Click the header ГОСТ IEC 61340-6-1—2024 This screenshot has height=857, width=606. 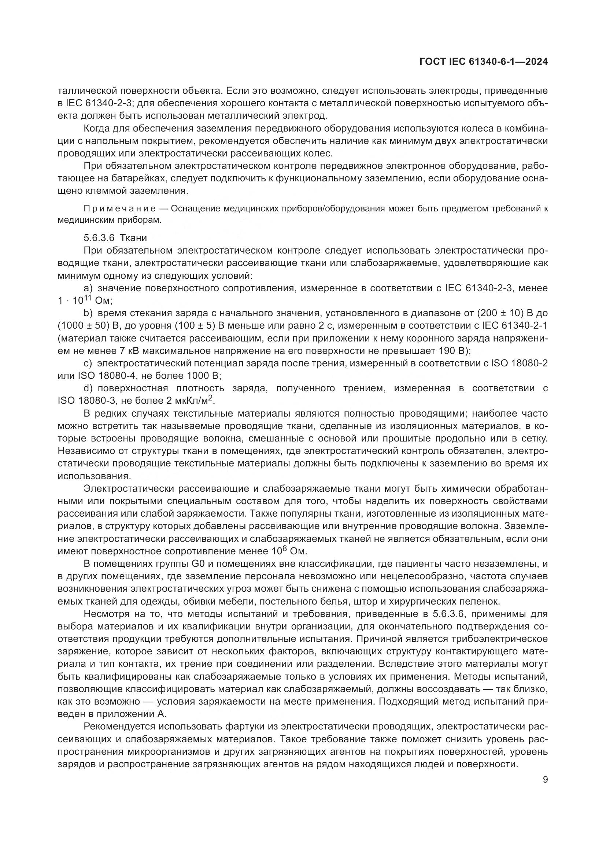[x=483, y=62]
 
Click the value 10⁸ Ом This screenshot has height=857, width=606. [x=288, y=551]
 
